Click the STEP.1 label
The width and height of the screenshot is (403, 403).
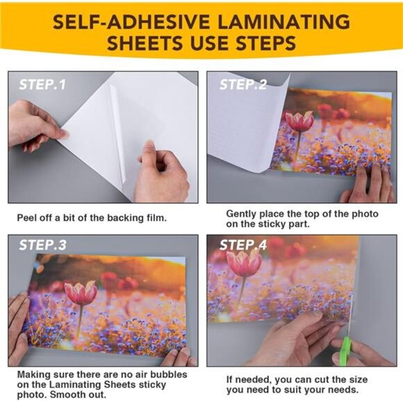(x=42, y=85)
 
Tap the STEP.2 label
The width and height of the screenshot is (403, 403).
(x=243, y=85)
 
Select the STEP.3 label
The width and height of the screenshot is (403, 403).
(x=42, y=245)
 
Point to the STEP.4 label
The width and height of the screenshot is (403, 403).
(x=243, y=245)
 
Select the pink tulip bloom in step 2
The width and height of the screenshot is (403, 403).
(x=299, y=121)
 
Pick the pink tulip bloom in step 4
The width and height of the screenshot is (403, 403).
(x=244, y=263)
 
